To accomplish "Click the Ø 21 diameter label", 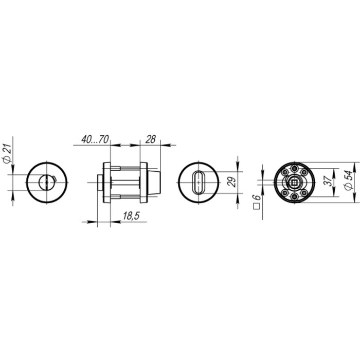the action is tap(7, 154).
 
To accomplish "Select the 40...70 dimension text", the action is tap(95, 139).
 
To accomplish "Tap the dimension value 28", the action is tap(151, 139).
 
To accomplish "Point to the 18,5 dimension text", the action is tap(131, 216).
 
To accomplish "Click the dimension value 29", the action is tap(232, 182).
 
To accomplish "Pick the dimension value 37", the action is tap(328, 181).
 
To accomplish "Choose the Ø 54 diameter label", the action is tap(349, 180).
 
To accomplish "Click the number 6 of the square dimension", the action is tap(257, 197).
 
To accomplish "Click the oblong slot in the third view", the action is tap(199, 182).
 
